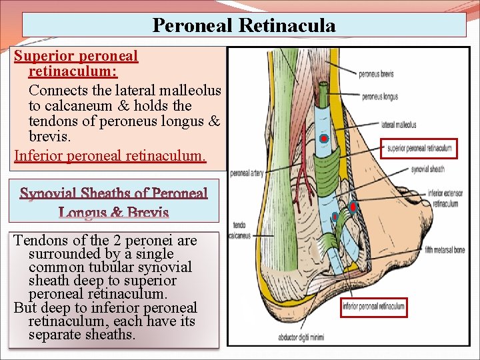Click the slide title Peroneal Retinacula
tap(244, 25)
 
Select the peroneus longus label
tap(380, 97)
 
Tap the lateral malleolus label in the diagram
tap(399, 124)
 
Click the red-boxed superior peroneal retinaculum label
tap(419, 148)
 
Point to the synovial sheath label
tap(427, 169)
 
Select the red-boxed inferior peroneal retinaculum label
tap(373, 307)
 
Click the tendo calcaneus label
tap(239, 230)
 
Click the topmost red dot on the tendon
tap(323, 139)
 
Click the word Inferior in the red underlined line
tap(39, 156)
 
